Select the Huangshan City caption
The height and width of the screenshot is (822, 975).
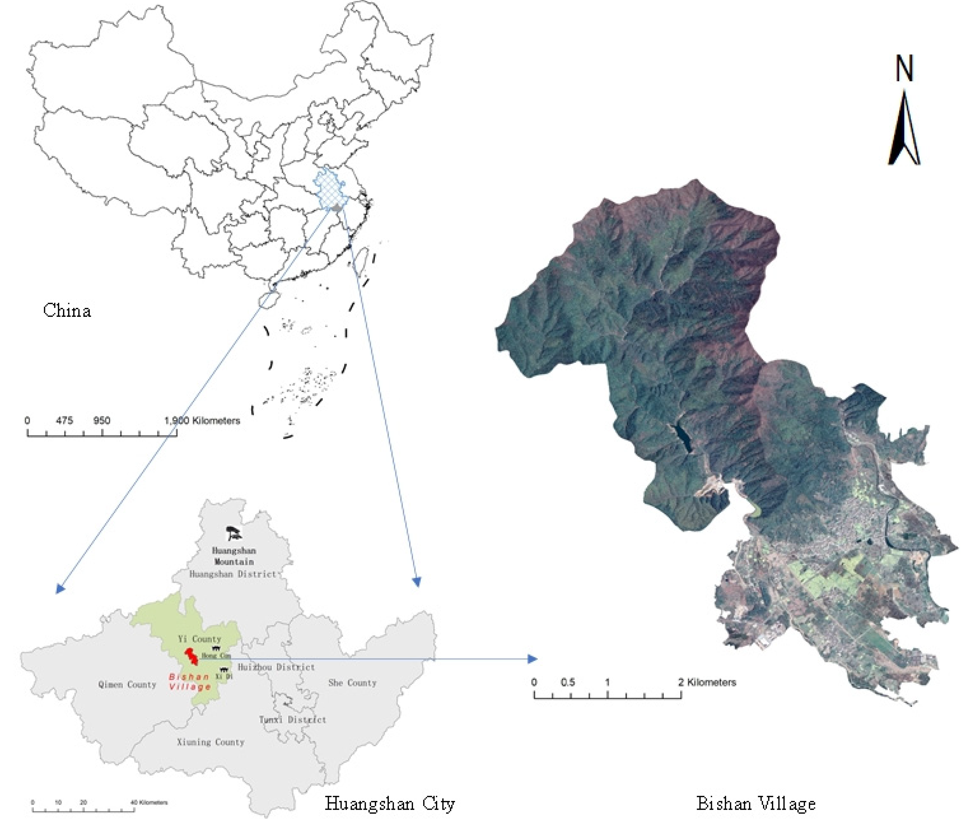pos(389,803)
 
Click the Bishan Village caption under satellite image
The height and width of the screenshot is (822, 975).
pos(755,803)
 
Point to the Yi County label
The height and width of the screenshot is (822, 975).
pos(199,639)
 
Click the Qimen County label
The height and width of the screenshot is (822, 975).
pos(127,684)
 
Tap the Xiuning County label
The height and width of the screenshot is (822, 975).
pos(211,742)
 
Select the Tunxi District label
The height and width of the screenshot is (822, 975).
pos(292,720)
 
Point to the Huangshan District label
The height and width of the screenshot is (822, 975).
pos(233,574)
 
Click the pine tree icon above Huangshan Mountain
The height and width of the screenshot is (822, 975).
pos(233,533)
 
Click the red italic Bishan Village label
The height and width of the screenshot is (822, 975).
pos(190,681)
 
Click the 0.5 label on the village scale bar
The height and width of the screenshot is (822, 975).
pos(567,682)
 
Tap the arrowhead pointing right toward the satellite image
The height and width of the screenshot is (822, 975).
pos(533,659)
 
